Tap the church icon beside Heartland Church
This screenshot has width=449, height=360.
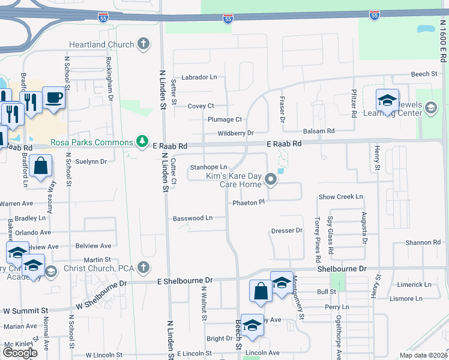click(x=143, y=44)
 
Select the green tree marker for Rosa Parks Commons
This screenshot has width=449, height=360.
click(x=142, y=142)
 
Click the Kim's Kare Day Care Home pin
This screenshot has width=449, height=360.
click(x=271, y=178)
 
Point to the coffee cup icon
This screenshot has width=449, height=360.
click(x=53, y=97)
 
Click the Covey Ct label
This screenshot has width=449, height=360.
click(x=200, y=106)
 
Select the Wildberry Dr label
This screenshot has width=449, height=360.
click(x=236, y=133)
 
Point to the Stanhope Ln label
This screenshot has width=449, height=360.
click(x=208, y=167)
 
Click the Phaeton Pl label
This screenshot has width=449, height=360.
click(x=249, y=203)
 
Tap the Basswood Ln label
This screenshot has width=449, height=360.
click(x=193, y=218)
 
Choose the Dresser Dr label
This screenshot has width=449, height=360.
click(x=286, y=230)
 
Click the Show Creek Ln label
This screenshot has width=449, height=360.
click(x=340, y=196)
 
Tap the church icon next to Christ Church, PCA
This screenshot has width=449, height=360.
click(x=143, y=266)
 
